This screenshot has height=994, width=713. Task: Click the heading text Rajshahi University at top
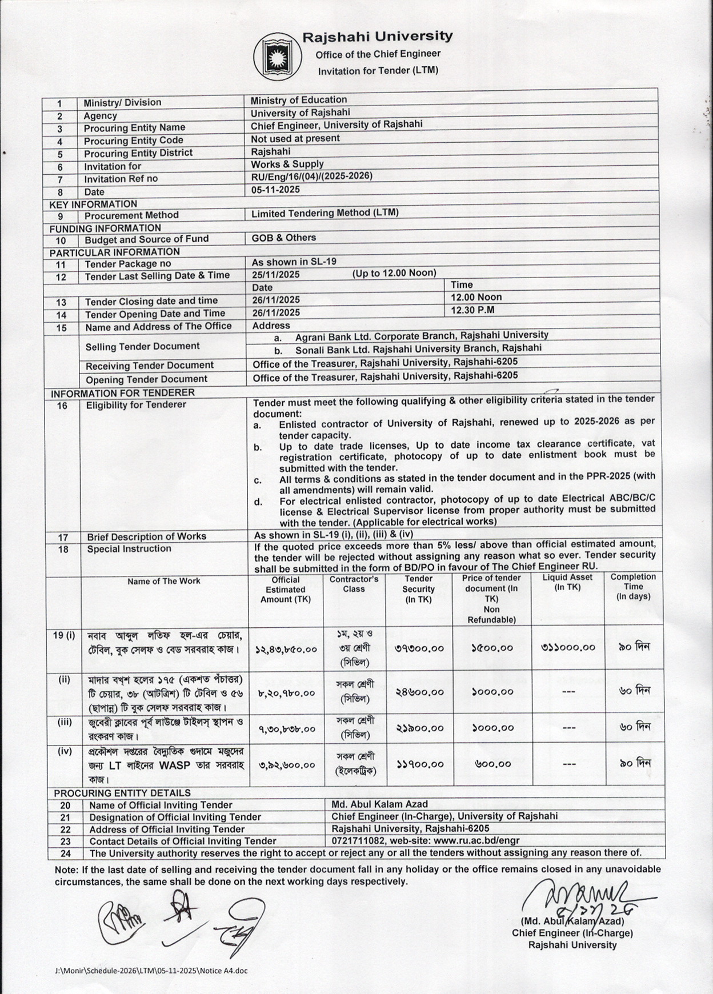(x=377, y=37)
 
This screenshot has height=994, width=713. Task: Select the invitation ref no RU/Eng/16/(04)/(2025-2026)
(x=311, y=176)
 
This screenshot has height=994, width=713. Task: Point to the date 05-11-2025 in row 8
(x=275, y=190)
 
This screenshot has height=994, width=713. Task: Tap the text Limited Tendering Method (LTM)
(x=325, y=213)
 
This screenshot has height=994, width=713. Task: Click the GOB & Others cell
(x=284, y=238)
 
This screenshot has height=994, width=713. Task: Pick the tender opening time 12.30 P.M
(x=472, y=310)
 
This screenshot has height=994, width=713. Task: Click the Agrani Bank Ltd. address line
(x=421, y=336)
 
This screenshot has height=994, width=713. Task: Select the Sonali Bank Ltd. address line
(x=418, y=348)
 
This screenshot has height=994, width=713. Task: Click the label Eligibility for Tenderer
(x=136, y=404)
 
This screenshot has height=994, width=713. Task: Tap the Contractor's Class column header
(x=354, y=584)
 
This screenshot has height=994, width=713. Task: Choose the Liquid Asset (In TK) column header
(x=567, y=582)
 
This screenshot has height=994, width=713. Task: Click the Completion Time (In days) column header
(x=633, y=587)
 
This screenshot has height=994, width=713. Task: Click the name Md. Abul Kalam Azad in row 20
(x=379, y=804)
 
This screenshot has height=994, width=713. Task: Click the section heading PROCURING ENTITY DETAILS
(x=122, y=793)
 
